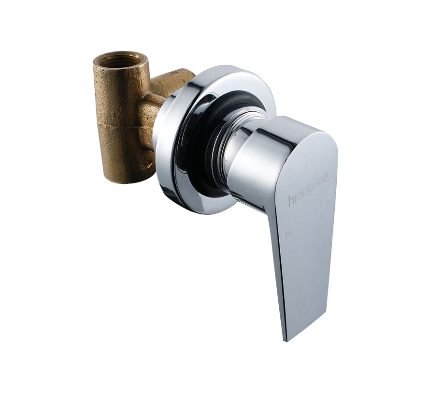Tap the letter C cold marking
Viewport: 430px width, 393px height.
tap(329, 205)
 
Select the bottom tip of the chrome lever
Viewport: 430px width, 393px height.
tap(285, 340)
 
